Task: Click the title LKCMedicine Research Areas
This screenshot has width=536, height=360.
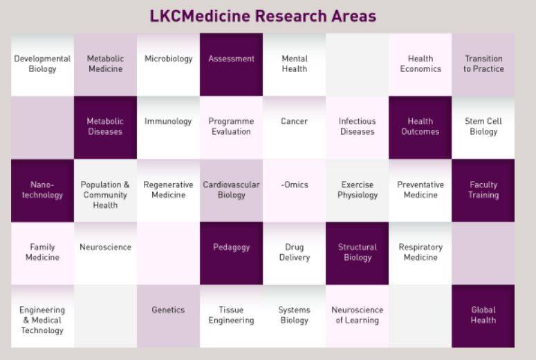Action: [263, 16]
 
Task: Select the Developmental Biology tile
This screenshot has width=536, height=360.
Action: [42, 64]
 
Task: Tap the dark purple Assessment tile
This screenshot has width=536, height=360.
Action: [231, 64]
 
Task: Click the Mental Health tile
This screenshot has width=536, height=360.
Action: [294, 64]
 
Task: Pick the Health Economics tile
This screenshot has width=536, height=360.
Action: [420, 64]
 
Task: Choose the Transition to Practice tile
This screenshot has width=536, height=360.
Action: [483, 64]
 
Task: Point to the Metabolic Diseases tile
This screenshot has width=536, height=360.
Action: [105, 127]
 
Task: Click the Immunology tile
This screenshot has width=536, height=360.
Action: [168, 127]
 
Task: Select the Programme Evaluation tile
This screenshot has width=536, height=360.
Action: [231, 127]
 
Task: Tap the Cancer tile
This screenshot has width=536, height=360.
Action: [294, 127]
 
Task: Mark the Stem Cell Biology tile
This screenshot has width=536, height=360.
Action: [483, 127]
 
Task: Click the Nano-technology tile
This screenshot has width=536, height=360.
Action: [42, 190]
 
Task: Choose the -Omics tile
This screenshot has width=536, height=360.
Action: [294, 190]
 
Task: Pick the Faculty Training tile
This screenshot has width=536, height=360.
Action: [483, 190]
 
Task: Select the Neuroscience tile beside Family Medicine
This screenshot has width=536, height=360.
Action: [105, 253]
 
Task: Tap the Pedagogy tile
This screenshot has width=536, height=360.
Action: [231, 253]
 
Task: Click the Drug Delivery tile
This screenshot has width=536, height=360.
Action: [294, 253]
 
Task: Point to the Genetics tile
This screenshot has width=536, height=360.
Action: [168, 316]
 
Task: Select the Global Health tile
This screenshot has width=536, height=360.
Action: [483, 316]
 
